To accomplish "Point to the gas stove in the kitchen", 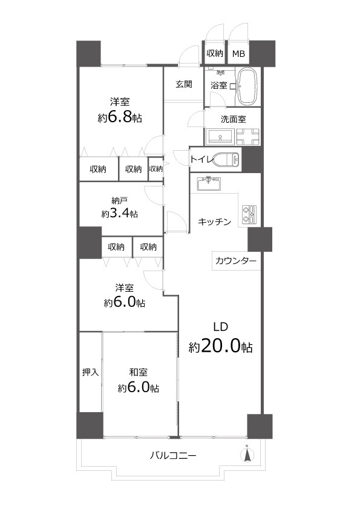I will coord(249,214).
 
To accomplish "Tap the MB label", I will coord(238,54).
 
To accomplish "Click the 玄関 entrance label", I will coord(184,84).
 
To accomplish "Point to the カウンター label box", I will coord(235,261).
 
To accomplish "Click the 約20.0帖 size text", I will coord(220,347).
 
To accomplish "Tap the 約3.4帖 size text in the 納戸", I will coord(119,214).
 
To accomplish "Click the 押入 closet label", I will coord(90,372).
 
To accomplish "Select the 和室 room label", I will coord(138,373).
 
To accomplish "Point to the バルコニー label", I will coord(173,455).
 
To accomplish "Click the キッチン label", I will coord(215,222).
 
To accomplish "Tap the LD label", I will coord(220,327).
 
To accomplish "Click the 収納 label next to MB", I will coord(214,54).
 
